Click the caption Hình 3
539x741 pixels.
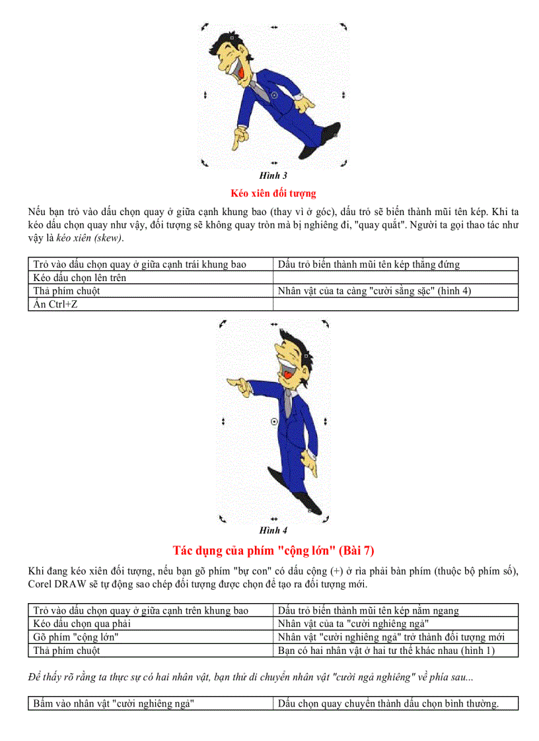(273, 176)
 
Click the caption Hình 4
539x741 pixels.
(273, 530)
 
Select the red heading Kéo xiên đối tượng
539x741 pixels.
(273, 193)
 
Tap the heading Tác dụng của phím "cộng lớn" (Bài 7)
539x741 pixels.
(273, 550)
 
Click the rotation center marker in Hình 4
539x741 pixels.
(274, 420)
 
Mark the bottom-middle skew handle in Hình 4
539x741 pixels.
(274, 519)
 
